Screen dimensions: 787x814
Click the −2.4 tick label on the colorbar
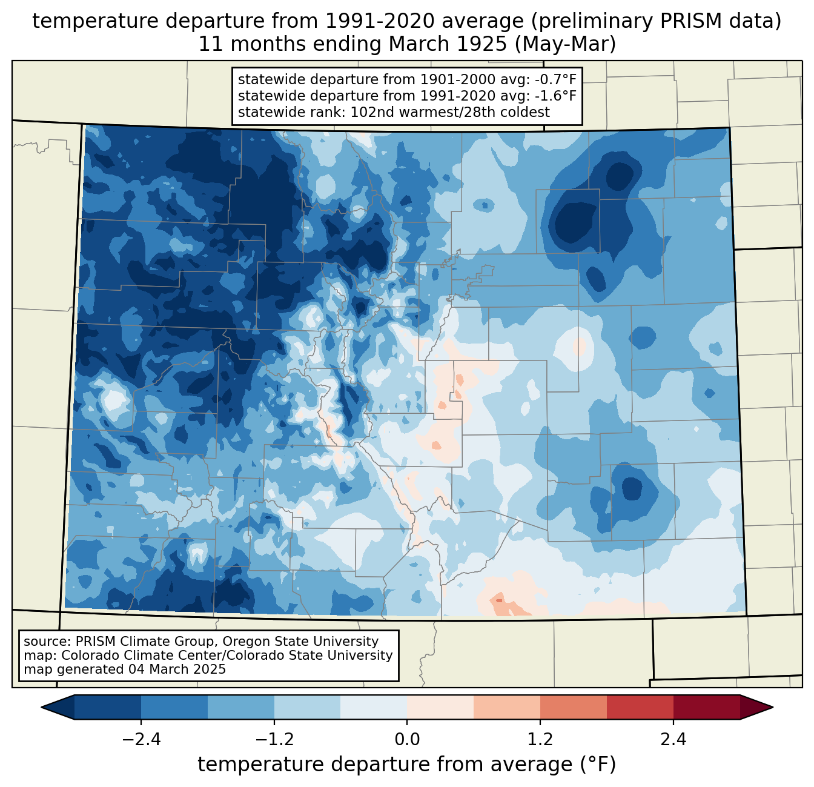coord(141,740)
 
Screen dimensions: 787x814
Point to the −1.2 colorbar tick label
coord(274,740)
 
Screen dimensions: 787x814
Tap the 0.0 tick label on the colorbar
coord(407,740)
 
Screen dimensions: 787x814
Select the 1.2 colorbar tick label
coord(540,740)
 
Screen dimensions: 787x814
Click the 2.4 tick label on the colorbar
coord(673,740)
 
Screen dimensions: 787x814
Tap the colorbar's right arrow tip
coord(771,707)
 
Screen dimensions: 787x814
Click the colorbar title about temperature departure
coord(406,765)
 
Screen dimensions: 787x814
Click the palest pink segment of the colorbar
coord(440,707)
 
